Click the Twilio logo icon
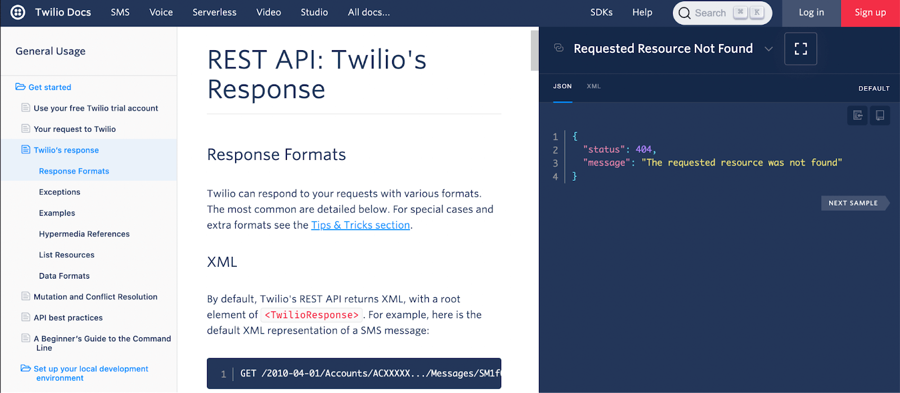click(x=18, y=12)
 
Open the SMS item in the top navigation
click(x=120, y=12)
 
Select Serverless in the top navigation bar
click(x=214, y=12)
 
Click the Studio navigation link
click(x=314, y=12)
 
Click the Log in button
click(x=811, y=12)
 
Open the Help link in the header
click(x=642, y=12)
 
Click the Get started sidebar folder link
click(x=49, y=87)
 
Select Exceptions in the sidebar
click(x=60, y=192)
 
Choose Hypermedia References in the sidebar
click(x=84, y=234)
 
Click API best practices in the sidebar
click(x=68, y=318)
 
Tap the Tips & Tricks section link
click(x=361, y=225)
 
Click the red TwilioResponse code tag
click(x=311, y=315)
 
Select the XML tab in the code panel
click(x=593, y=86)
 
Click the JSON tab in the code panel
click(x=562, y=86)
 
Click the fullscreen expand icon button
click(x=800, y=49)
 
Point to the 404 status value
click(x=643, y=149)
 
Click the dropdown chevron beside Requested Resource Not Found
click(x=768, y=49)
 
